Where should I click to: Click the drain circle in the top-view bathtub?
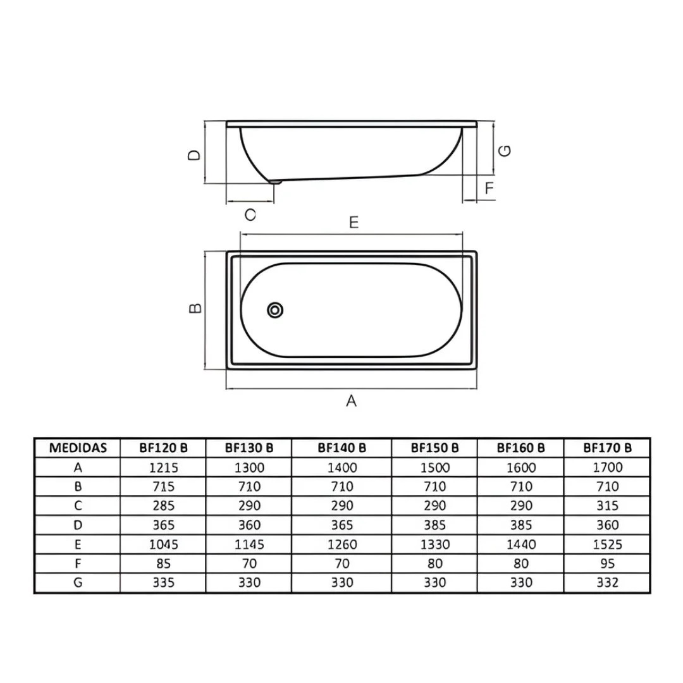[x=275, y=310]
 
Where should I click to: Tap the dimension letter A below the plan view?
[x=352, y=401]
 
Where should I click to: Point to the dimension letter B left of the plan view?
[x=195, y=309]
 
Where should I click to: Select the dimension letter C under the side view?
[x=250, y=215]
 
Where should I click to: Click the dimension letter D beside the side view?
[x=194, y=155]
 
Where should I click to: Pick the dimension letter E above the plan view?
[x=354, y=223]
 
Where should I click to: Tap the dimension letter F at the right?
[x=489, y=188]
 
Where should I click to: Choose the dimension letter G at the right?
[x=505, y=151]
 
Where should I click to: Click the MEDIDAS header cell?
[x=78, y=448]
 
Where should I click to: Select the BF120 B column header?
[x=163, y=448]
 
